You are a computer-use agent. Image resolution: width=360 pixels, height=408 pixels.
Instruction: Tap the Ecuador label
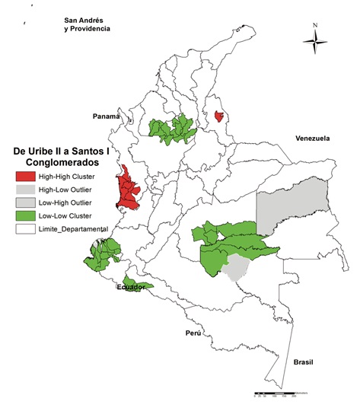pos(130,287)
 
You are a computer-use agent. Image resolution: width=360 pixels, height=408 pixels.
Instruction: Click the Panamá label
pos(107,116)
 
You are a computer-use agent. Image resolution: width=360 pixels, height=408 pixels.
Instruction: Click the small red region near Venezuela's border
pos(219,116)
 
